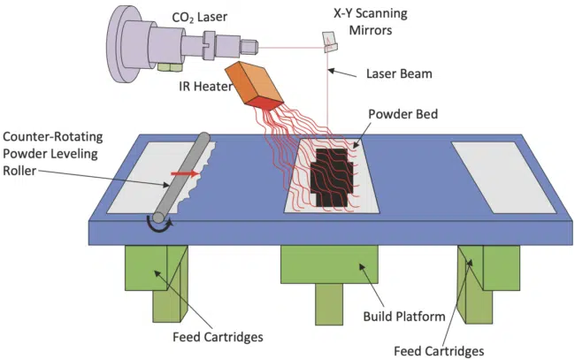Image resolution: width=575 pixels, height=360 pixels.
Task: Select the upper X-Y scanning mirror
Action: pos(329,37)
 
